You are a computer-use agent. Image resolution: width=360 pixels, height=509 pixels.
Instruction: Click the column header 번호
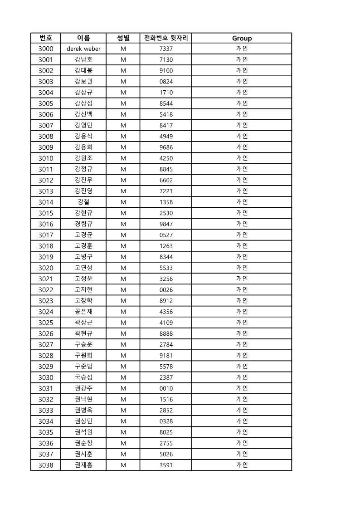click(x=46, y=38)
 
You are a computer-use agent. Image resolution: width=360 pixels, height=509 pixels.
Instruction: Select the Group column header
click(x=242, y=38)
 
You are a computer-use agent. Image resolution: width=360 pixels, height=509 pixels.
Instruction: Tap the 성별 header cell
click(x=123, y=38)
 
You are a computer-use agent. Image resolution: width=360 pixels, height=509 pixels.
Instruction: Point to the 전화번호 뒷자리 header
click(x=166, y=38)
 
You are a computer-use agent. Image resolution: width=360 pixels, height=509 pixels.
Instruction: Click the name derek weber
click(x=83, y=49)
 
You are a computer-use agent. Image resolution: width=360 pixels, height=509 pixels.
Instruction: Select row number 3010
click(x=46, y=158)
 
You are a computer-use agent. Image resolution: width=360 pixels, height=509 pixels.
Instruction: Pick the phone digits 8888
click(x=166, y=333)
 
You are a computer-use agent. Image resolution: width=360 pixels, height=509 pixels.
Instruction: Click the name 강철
click(x=83, y=202)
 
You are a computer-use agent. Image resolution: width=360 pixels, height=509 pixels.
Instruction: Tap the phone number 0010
click(x=166, y=388)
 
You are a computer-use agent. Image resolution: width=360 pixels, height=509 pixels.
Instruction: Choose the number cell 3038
click(x=46, y=465)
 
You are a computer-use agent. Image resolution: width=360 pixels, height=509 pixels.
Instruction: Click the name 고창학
click(x=83, y=301)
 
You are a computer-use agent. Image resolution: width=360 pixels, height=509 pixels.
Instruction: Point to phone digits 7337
click(x=166, y=49)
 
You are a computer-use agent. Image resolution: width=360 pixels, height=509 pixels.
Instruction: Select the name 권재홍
click(x=83, y=465)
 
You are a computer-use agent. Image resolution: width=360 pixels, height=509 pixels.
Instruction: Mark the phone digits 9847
click(x=166, y=224)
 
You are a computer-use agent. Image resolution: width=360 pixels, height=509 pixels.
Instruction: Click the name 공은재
click(x=83, y=312)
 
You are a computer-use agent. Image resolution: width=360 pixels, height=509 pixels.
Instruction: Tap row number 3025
click(x=46, y=323)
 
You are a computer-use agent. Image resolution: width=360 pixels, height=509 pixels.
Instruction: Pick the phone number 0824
click(x=166, y=82)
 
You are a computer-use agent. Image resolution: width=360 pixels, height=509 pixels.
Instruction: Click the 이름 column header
click(x=83, y=38)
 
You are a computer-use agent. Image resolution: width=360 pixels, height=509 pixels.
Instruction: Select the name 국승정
click(x=83, y=377)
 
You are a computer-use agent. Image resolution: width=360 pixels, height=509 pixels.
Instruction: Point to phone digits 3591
click(x=166, y=465)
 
